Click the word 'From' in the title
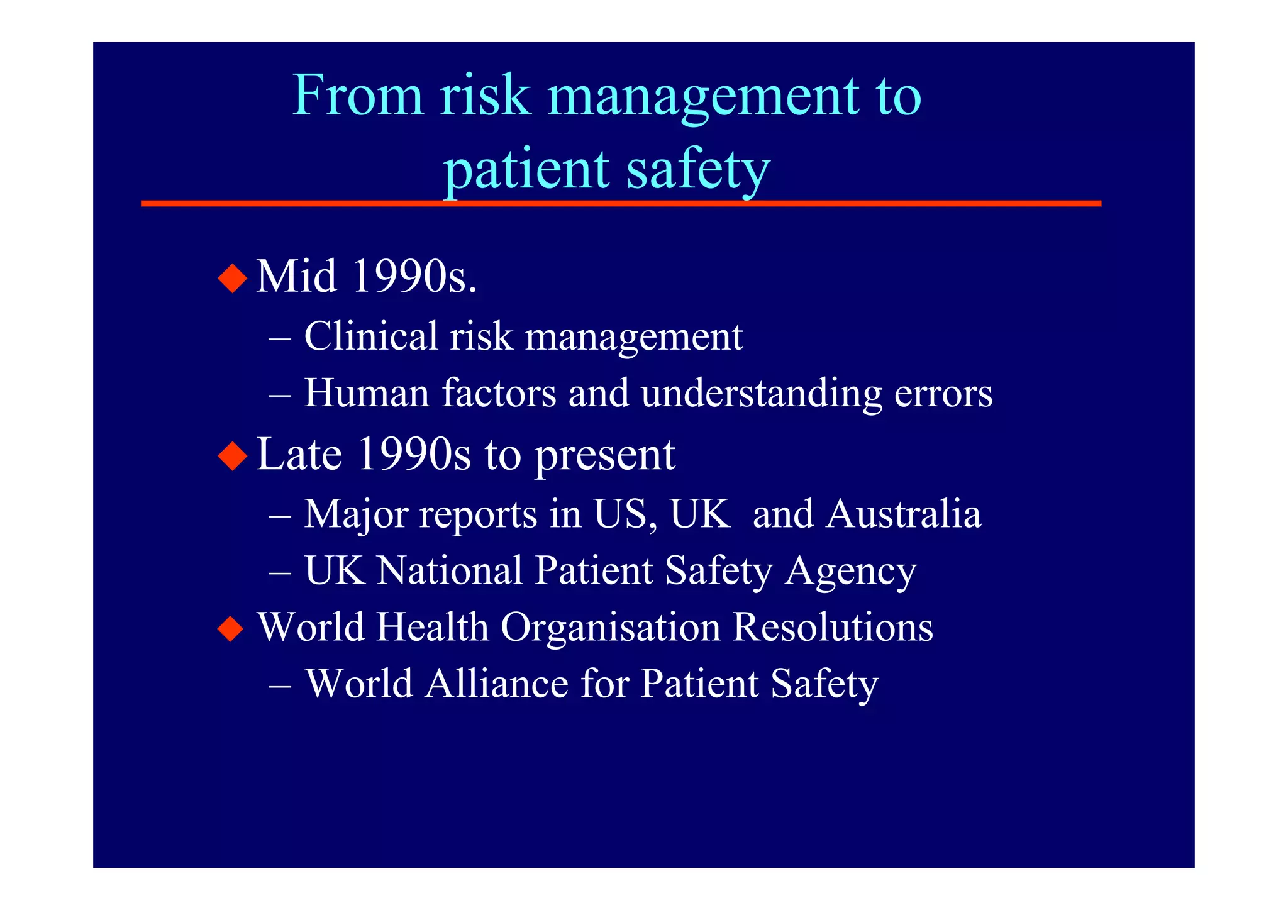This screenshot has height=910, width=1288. click(358, 95)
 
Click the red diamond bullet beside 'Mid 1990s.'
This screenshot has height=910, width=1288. click(233, 277)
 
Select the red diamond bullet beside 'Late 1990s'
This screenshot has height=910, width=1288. click(233, 455)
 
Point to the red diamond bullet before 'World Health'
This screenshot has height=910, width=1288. click(231, 628)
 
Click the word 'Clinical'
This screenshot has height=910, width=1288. click(371, 336)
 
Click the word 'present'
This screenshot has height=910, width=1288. click(604, 455)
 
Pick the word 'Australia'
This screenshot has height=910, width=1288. click(903, 514)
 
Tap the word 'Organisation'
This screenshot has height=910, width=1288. click(611, 628)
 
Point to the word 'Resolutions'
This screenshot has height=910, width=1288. click(833, 627)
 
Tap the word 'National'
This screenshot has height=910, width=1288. click(450, 570)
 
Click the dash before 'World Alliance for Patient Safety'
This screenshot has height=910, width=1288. click(279, 684)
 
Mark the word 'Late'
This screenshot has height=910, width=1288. click(299, 454)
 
